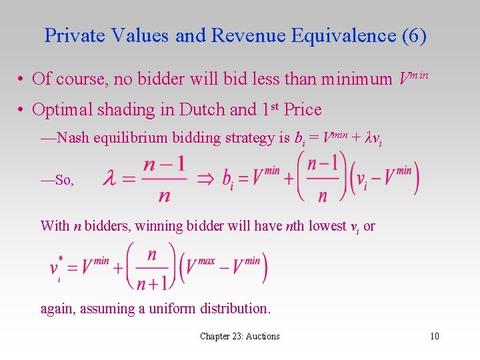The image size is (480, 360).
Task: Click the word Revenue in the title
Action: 240,35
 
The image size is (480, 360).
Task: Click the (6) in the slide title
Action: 413,35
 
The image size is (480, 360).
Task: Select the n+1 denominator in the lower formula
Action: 152,283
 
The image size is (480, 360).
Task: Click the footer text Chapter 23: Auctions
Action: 240,336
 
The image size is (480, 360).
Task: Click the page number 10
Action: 435,336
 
